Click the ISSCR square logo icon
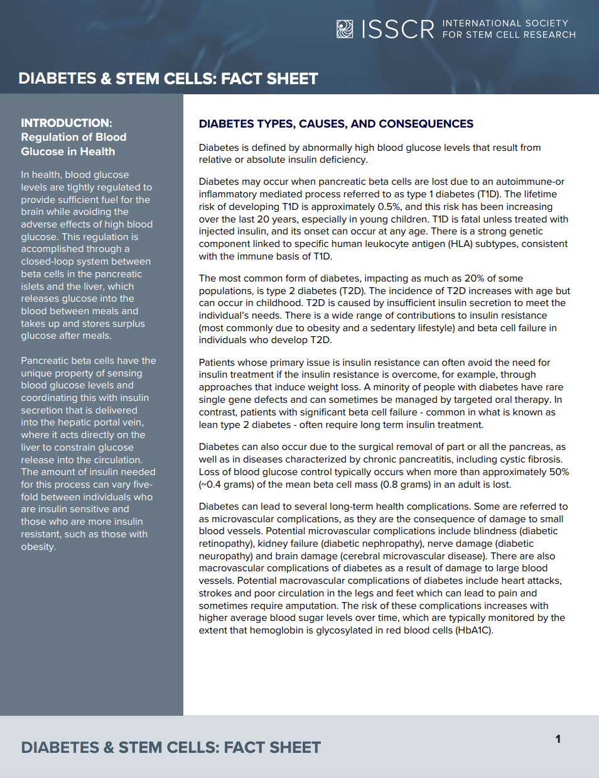pyautogui.click(x=345, y=29)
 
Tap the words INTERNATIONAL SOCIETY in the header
pyautogui.click(x=505, y=23)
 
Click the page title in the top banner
pyautogui.click(x=168, y=79)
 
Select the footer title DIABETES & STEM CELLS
pyautogui.click(x=171, y=747)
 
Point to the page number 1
pyautogui.click(x=558, y=739)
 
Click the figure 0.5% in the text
pyautogui.click(x=389, y=207)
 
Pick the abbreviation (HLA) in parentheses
pyautogui.click(x=460, y=244)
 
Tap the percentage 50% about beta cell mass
pyautogui.click(x=559, y=472)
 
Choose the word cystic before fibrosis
pyautogui.click(x=511, y=459)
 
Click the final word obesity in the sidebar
pyautogui.click(x=38, y=547)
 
